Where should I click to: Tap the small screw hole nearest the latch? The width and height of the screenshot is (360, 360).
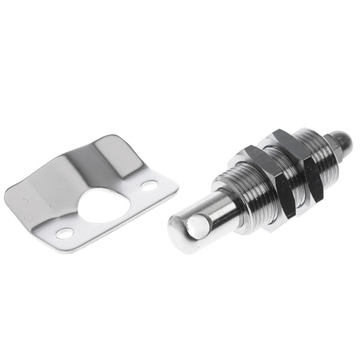(x=149, y=185)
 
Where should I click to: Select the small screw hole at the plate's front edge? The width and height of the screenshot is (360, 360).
(x=65, y=233)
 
